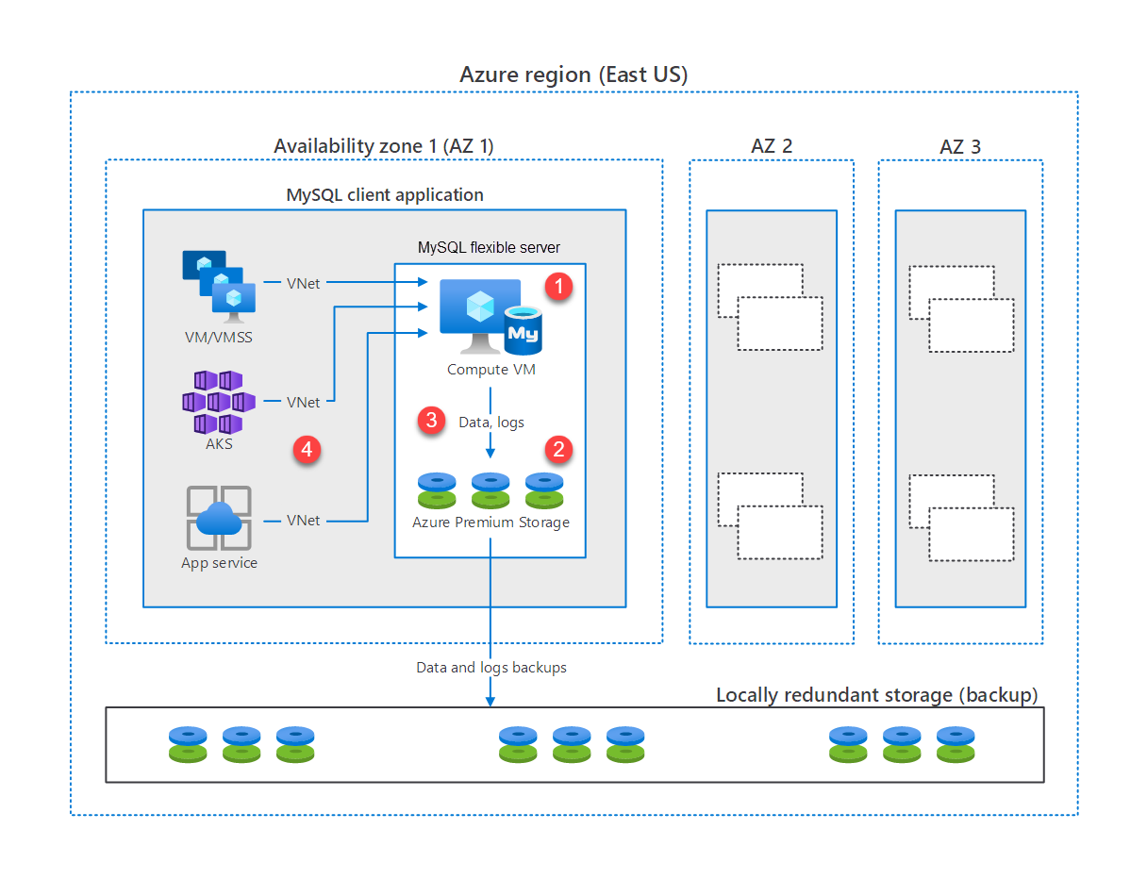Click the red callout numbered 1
(x=560, y=287)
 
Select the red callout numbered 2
(x=560, y=449)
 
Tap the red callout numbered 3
(x=432, y=421)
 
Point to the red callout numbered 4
(x=306, y=451)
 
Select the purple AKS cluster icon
(x=218, y=402)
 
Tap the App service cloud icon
(x=219, y=518)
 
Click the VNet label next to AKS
(x=304, y=403)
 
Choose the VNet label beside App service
(x=304, y=521)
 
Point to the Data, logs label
(x=490, y=423)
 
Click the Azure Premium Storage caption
(x=490, y=522)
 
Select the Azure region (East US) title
(x=573, y=75)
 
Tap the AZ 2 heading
(x=772, y=146)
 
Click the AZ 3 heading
(x=960, y=146)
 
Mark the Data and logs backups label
(x=491, y=668)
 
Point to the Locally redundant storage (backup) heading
(x=876, y=695)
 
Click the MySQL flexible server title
(x=489, y=248)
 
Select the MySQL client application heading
(x=385, y=195)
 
